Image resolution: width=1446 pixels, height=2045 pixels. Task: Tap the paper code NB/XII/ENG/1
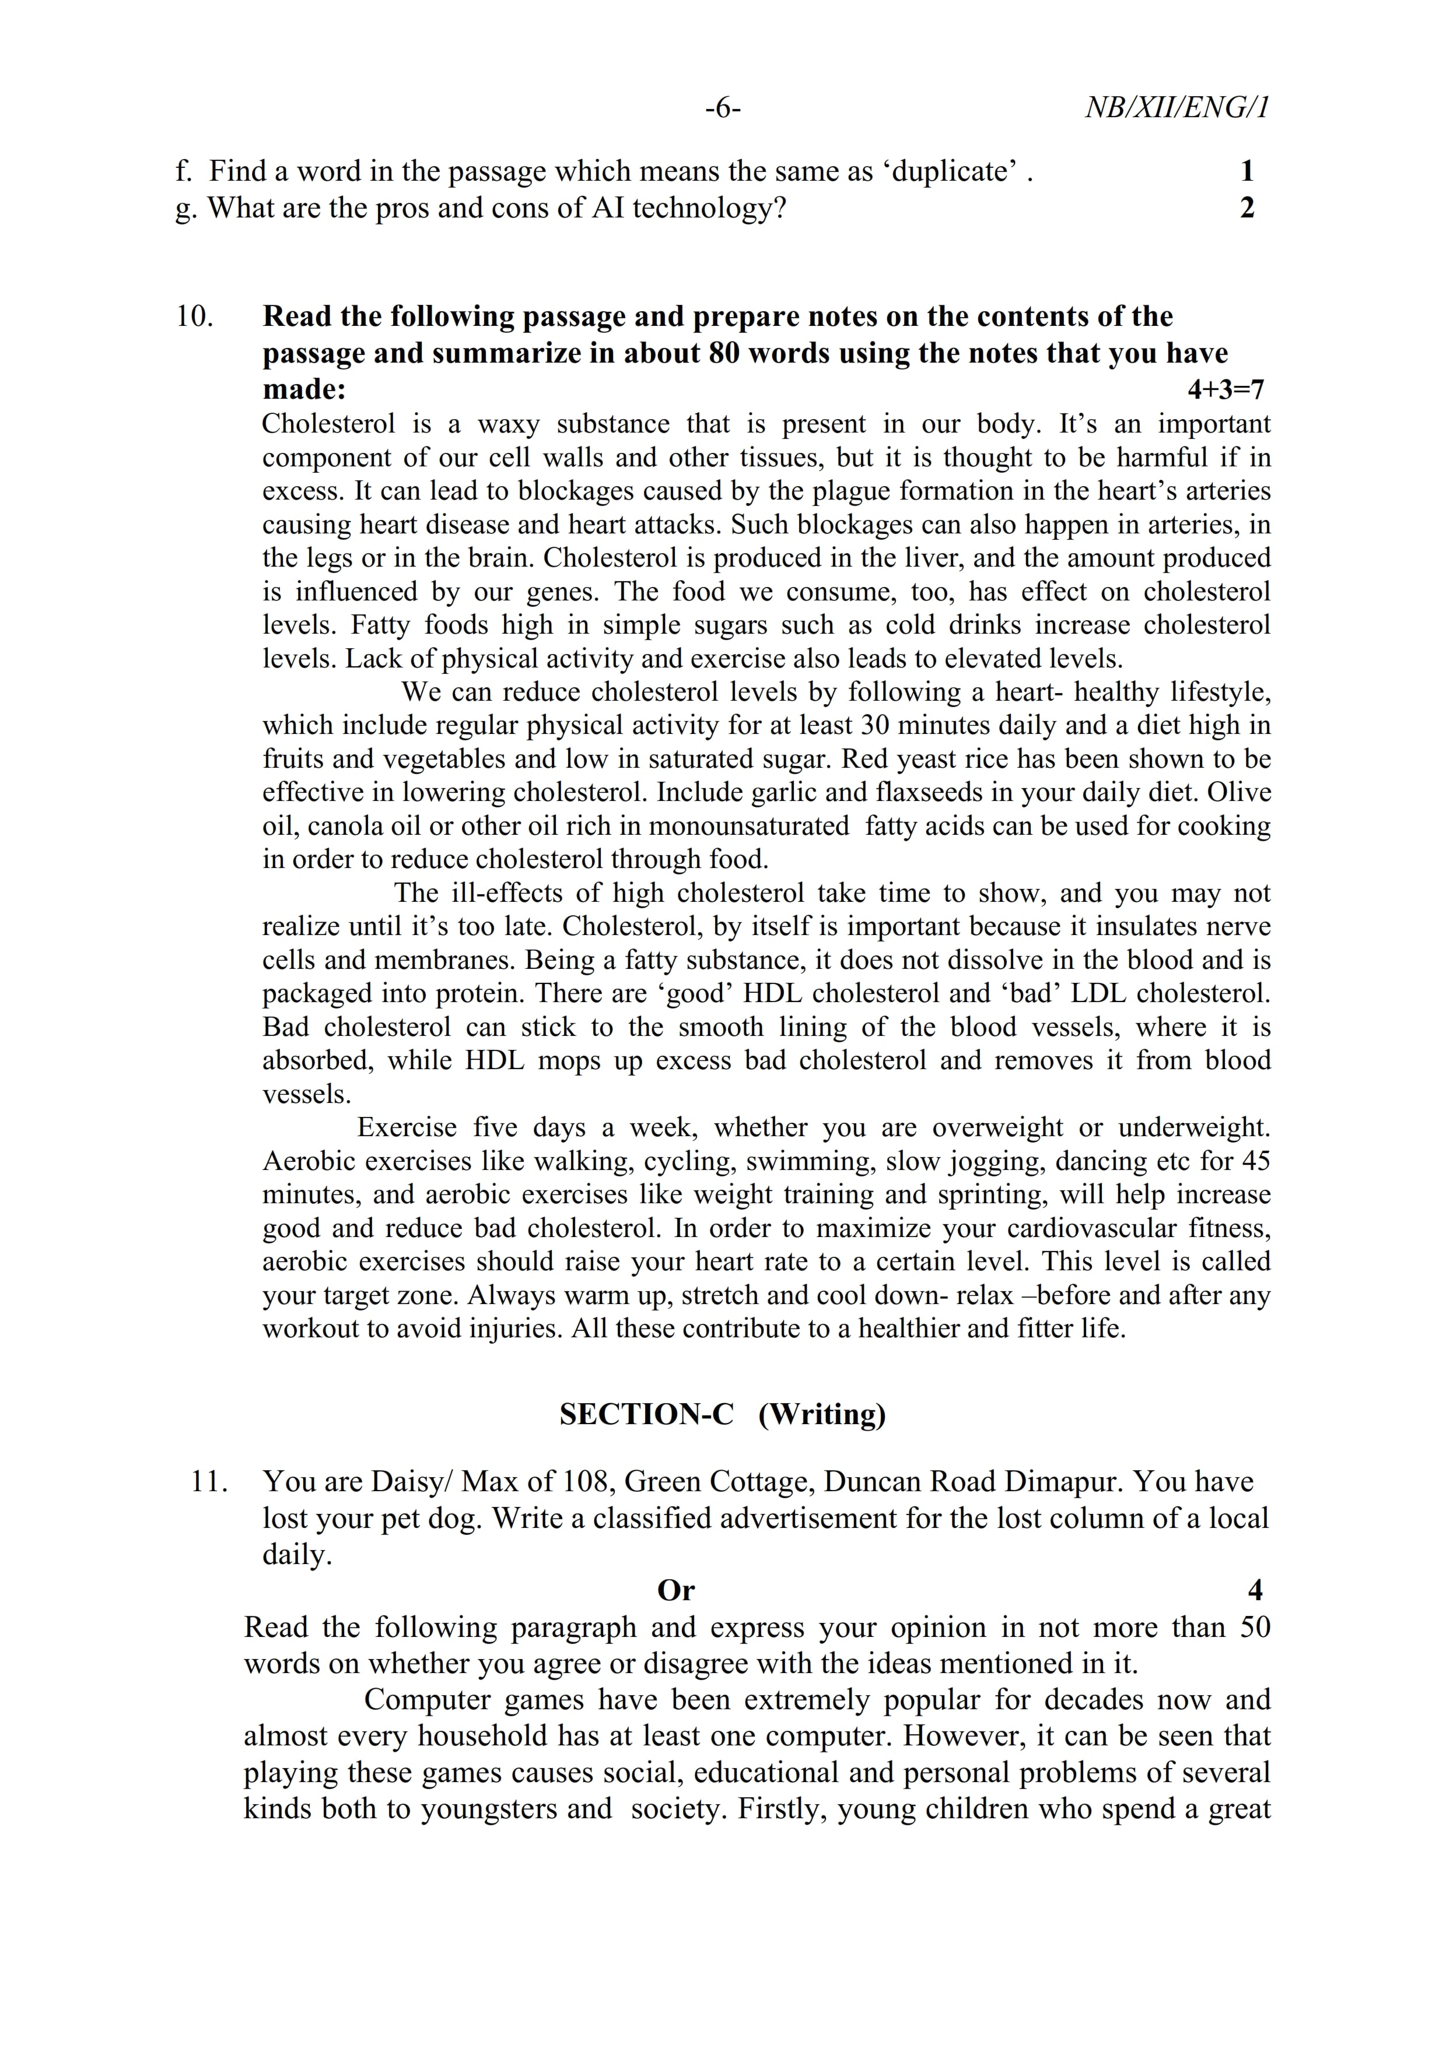coord(1176,108)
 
